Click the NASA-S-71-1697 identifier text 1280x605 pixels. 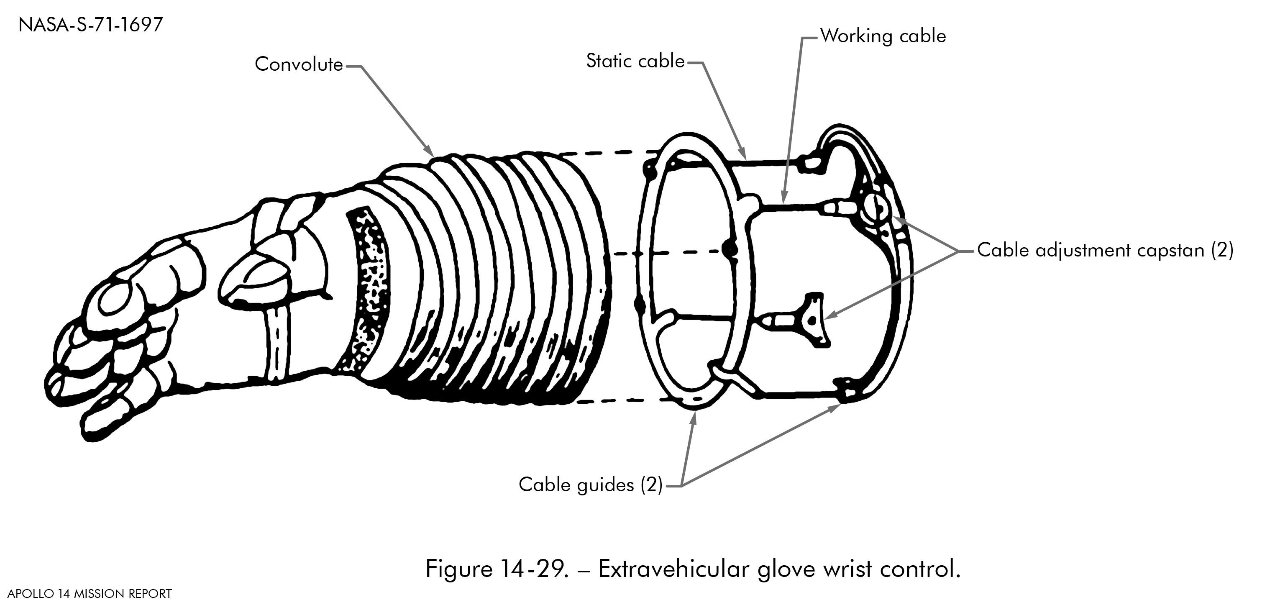tap(90, 25)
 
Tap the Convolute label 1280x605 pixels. tap(299, 64)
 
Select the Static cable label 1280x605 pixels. tap(635, 61)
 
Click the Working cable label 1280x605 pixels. tap(883, 36)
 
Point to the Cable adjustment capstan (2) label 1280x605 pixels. tap(1105, 250)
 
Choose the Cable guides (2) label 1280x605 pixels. tap(590, 485)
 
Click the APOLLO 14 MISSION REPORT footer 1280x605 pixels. tap(90, 594)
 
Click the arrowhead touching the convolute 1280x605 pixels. tap(429, 151)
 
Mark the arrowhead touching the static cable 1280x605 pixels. tap(743, 153)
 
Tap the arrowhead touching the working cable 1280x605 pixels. tap(783, 198)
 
